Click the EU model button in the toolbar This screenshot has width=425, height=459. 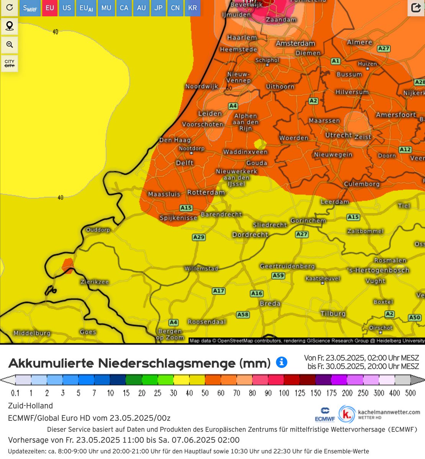click(50, 8)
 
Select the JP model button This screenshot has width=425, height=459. click(159, 8)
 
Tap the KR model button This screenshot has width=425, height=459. click(193, 8)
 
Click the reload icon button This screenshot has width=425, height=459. click(10, 8)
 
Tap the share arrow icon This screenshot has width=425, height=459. click(416, 8)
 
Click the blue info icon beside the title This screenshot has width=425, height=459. click(281, 362)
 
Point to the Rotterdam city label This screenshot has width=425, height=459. click(206, 192)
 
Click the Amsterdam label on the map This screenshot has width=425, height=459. click(296, 44)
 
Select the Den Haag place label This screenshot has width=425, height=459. click(175, 140)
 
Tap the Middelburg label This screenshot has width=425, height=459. click(32, 333)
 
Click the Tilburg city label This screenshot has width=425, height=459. click(333, 314)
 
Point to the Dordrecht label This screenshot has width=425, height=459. click(250, 234)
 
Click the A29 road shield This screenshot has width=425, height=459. click(199, 237)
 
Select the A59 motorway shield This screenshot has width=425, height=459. click(278, 275)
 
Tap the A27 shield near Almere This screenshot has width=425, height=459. click(384, 49)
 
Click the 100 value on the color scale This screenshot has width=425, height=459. click(284, 393)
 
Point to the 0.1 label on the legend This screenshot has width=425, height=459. click(15, 393)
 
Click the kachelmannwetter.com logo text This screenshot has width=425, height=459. click(389, 412)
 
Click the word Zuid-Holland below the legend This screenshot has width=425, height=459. click(31, 406)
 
